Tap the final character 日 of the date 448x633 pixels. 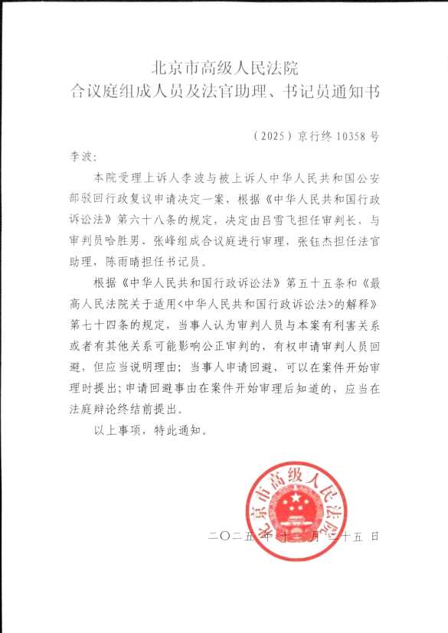(x=374, y=537)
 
